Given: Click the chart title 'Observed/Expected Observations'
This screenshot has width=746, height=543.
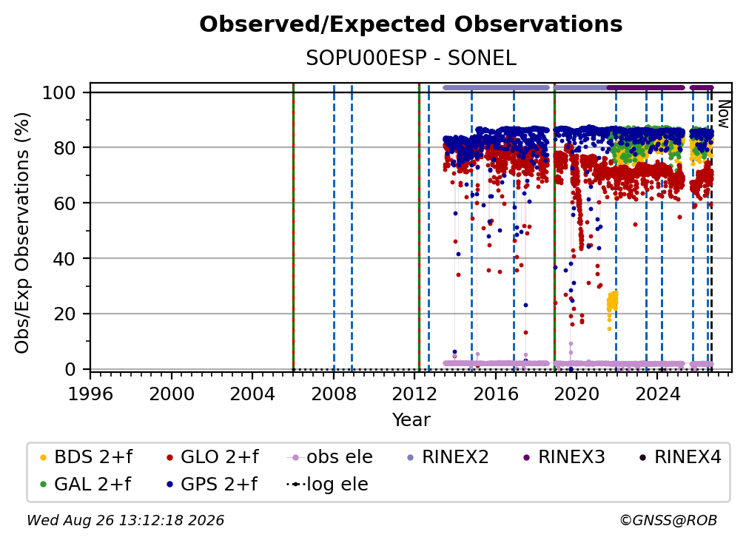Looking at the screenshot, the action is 411,24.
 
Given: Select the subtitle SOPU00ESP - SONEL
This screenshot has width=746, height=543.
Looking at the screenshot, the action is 411,58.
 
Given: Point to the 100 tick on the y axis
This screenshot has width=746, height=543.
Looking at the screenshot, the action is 59,92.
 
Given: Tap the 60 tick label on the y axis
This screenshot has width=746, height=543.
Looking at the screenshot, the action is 64,203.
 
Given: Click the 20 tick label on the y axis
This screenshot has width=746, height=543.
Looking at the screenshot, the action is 64,314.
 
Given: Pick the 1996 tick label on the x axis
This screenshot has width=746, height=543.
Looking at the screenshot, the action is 90,394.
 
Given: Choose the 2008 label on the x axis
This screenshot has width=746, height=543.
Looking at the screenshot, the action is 334,394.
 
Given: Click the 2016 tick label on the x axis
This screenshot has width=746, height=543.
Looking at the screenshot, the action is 495,394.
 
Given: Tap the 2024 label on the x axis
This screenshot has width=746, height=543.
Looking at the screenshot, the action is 657,394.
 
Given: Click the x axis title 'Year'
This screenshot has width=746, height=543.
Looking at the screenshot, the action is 411,420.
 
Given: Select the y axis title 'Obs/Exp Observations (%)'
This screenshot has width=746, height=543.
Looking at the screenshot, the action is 22,233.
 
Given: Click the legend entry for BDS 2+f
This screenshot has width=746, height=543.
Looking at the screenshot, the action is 87,457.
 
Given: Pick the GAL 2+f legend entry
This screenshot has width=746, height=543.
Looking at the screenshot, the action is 86,485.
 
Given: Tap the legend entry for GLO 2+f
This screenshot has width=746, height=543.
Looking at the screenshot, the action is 212,457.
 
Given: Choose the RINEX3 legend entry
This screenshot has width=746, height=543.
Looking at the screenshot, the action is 564,457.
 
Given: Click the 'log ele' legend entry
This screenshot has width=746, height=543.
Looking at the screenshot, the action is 327,485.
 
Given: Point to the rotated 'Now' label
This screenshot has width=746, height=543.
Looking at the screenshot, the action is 723,114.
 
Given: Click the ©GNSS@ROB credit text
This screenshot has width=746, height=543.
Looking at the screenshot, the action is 668,521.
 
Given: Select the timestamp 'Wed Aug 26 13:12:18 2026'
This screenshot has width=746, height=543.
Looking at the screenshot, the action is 125,521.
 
